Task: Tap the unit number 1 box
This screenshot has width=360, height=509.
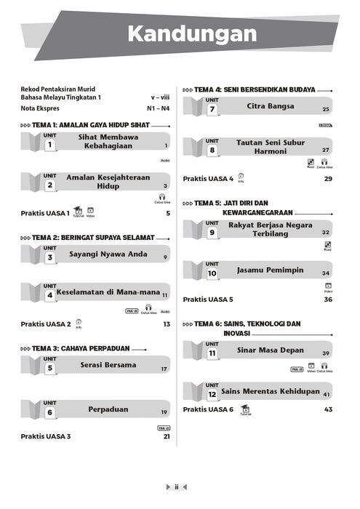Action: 50,145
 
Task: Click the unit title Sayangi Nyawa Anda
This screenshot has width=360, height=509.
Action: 108,254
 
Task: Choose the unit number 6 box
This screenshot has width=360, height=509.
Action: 50,412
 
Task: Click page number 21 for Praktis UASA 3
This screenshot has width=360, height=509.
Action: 167,437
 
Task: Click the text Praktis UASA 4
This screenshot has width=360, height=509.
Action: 208,178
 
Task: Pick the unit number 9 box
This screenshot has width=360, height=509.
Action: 212,233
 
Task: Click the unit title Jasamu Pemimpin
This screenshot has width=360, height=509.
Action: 270,270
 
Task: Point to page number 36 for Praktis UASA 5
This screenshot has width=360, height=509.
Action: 328,299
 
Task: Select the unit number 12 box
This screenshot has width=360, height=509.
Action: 212,394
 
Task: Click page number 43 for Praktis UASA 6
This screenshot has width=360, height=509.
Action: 328,409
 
